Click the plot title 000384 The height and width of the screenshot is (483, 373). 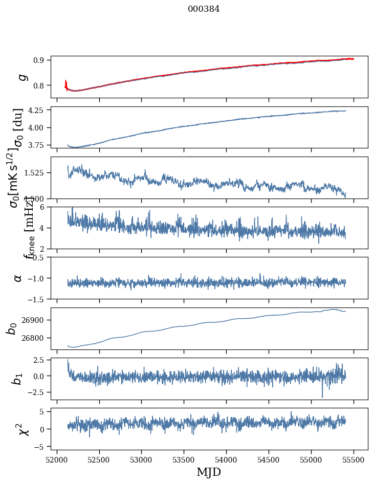point(204,9)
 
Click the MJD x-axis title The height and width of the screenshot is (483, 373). point(209,472)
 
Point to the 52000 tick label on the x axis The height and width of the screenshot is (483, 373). point(57,458)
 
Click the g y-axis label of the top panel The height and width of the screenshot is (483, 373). point(22,77)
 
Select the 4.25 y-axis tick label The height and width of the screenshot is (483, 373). point(37,110)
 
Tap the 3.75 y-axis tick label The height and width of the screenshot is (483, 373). point(37,145)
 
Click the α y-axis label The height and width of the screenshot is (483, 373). point(18,278)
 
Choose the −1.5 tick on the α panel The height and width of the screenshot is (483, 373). point(38,299)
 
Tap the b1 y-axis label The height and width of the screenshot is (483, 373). point(18,379)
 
